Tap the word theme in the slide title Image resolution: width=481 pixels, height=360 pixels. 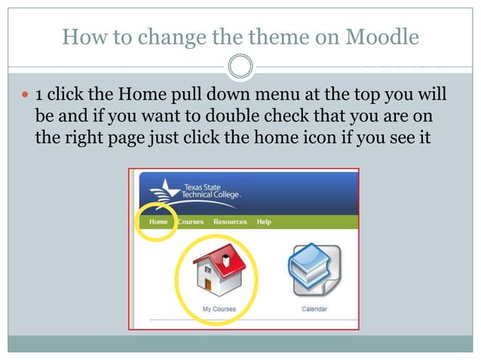tap(235, 36)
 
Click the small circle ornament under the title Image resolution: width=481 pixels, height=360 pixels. tap(240, 67)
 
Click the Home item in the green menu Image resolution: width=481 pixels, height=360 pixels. tap(158, 222)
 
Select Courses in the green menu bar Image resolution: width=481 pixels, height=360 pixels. tap(191, 222)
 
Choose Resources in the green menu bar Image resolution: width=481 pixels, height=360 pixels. tap(230, 222)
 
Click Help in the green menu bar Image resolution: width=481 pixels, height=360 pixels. tap(264, 222)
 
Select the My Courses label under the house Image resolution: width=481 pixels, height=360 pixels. tap(219, 310)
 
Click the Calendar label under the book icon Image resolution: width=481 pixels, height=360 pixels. tap(314, 310)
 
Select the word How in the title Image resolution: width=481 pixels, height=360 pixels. tap(78, 36)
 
